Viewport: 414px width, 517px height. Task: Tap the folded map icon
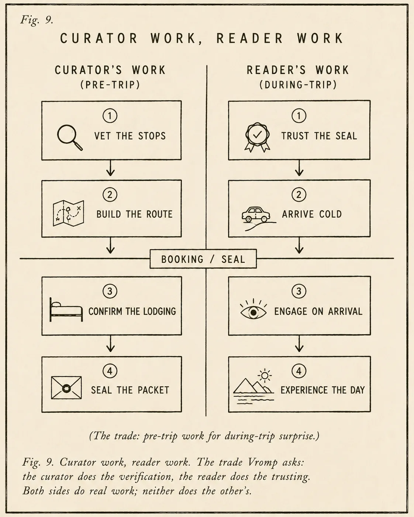click(x=68, y=213)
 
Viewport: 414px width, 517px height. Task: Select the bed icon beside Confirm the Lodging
click(x=66, y=309)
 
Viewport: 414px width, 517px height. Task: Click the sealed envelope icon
click(x=66, y=388)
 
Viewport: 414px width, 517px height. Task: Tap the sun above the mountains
click(x=265, y=375)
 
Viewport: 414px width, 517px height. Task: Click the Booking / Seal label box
click(x=203, y=259)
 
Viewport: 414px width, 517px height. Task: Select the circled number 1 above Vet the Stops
click(x=110, y=116)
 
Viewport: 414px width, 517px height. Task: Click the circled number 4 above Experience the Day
click(x=299, y=371)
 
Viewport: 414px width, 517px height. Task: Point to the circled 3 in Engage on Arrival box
click(x=299, y=291)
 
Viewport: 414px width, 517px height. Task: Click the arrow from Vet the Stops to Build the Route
click(x=110, y=168)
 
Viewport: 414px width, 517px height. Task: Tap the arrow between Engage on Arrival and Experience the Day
click(x=299, y=344)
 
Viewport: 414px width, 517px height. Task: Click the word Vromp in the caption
click(x=263, y=462)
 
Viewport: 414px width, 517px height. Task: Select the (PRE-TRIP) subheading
click(x=110, y=85)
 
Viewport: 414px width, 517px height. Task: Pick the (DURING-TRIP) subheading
click(x=298, y=85)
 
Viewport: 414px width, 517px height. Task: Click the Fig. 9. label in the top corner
click(x=37, y=19)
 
